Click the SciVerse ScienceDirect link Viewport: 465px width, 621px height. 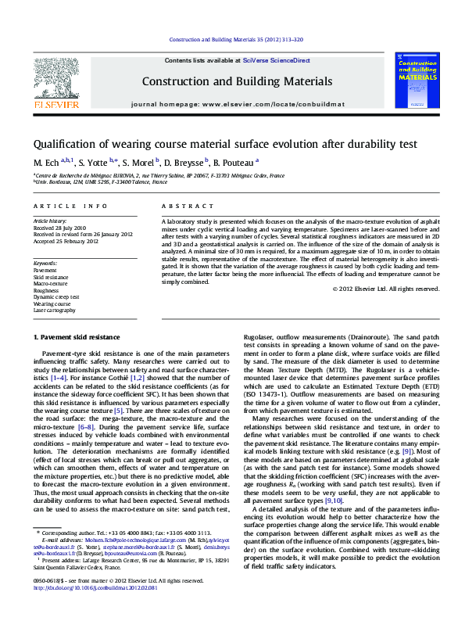pos(276,60)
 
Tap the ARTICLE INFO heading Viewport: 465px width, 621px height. pos(70,206)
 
